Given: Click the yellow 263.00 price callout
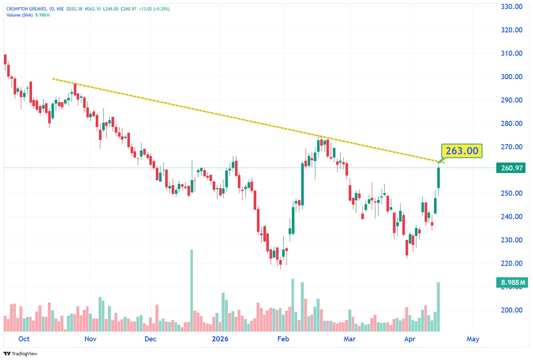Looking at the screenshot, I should [x=461, y=151].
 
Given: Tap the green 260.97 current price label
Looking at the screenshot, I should [x=510, y=168].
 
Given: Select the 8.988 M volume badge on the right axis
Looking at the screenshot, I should [x=510, y=282].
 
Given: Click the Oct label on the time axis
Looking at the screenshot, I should [x=24, y=339].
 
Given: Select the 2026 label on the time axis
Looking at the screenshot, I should [x=220, y=339].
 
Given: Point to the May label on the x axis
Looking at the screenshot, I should [x=473, y=339].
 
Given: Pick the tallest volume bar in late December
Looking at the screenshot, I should [x=192, y=291].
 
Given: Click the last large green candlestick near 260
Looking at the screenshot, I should [x=439, y=178].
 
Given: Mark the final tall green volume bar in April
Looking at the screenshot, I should [x=439, y=307].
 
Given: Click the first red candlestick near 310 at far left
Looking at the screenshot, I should [x=5, y=59].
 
